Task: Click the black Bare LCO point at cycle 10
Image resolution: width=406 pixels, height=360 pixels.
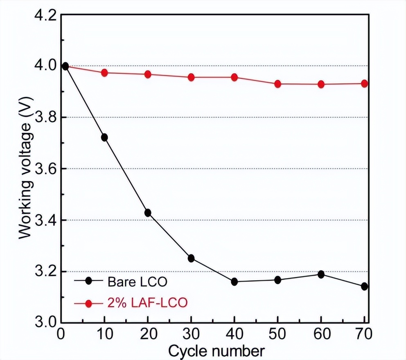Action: [104, 137]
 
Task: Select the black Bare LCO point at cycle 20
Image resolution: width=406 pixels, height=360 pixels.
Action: [148, 213]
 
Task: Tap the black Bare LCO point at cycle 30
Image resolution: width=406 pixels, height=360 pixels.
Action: [191, 258]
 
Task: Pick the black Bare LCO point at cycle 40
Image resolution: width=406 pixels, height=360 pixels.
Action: [235, 281]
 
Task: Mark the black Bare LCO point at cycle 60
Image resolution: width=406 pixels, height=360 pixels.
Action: [321, 274]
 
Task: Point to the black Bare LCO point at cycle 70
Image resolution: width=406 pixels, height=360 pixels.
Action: [364, 286]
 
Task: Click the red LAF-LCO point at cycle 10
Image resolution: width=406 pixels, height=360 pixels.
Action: [104, 73]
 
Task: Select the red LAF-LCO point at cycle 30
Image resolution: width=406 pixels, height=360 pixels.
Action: [191, 77]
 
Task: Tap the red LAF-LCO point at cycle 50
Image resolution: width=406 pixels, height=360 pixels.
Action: [278, 84]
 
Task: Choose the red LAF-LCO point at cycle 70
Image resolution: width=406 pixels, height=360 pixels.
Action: [364, 83]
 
